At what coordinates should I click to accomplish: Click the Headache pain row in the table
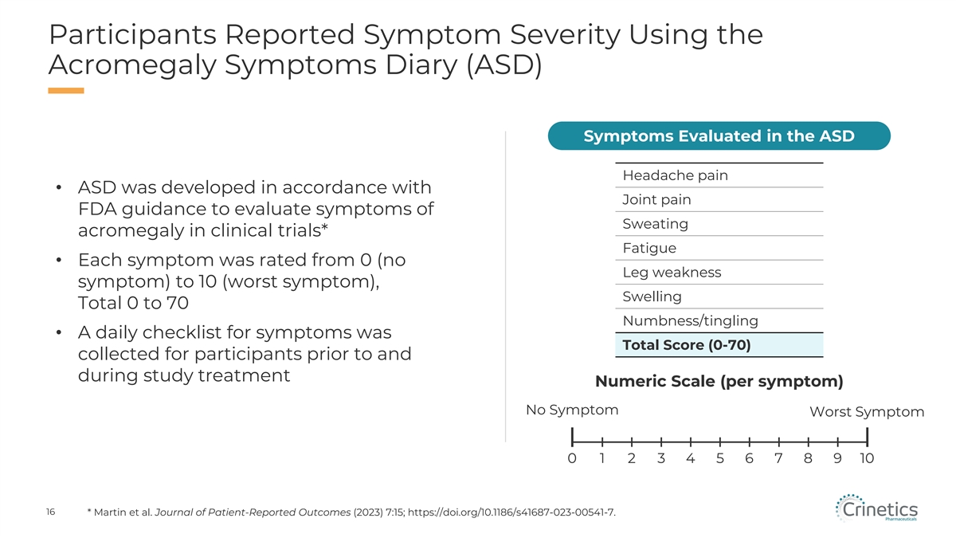719,175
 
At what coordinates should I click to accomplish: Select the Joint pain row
719,199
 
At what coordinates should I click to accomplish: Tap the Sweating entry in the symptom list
719,224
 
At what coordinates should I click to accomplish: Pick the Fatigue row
719,248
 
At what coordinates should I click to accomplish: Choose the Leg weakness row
719,272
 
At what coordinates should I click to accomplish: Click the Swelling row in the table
719,296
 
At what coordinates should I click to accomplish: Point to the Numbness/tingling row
719,320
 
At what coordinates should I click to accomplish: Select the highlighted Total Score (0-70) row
719,345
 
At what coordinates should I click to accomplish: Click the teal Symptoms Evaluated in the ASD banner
719,135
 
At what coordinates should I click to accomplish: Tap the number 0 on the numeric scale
572,458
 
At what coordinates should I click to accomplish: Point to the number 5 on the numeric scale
720,458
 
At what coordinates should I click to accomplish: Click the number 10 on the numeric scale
867,458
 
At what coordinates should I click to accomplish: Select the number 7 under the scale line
778,458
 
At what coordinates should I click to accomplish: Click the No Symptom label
572,410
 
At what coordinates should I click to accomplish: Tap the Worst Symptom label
867,412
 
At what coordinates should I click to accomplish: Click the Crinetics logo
876,509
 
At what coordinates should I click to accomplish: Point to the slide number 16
50,512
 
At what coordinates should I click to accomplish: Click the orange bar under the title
66,91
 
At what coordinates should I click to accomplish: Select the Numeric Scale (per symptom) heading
719,381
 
